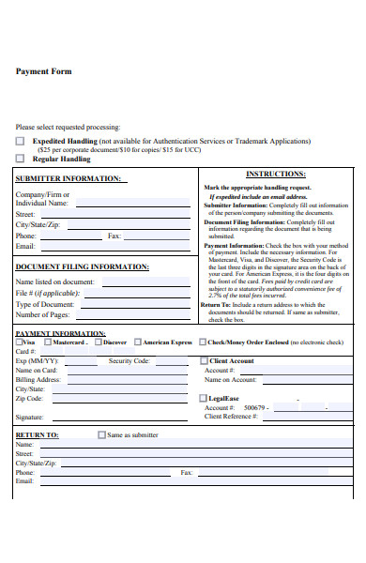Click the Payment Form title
43,71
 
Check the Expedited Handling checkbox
21,141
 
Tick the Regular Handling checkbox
21,160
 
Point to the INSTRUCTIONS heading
275,175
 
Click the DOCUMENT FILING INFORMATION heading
82,266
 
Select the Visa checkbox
18,342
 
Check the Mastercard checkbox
49,342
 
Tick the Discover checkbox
97,342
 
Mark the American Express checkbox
138,342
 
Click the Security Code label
129,361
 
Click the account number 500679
255,408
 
